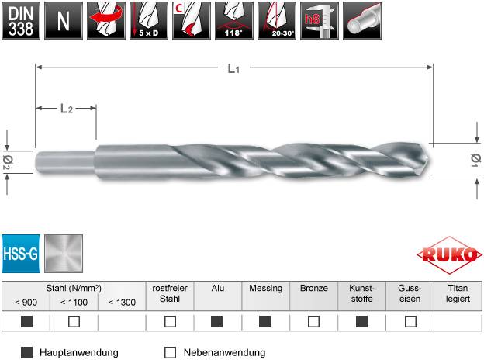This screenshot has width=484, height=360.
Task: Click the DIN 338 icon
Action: (19, 20)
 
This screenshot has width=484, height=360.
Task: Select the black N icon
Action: (61, 20)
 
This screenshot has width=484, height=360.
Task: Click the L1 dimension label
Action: (233, 70)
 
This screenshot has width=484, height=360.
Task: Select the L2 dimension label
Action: (67, 109)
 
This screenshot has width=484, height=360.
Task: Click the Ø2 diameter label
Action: (6, 161)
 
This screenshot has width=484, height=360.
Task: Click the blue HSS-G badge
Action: (21, 253)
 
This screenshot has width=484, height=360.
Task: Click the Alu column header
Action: (218, 288)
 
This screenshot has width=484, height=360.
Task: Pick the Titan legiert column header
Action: (458, 293)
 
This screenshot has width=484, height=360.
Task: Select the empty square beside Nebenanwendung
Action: (171, 352)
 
